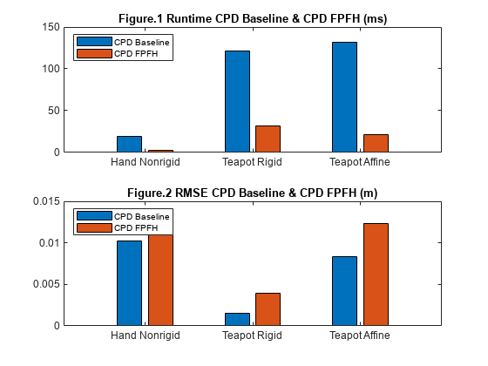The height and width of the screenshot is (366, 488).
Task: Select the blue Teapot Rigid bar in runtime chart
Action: pos(237,101)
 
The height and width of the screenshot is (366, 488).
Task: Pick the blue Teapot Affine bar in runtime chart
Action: pos(344,97)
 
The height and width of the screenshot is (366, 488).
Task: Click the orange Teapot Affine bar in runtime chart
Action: pos(376,143)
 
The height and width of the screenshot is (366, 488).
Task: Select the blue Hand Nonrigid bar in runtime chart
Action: pos(129,144)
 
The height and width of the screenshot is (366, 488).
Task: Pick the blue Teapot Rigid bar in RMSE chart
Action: pos(237,319)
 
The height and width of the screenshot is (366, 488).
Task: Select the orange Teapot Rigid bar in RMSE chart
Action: pos(268,309)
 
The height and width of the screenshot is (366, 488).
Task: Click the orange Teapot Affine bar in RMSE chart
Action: pos(376,274)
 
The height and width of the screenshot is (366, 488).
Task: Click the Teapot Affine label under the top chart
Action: pos(360,162)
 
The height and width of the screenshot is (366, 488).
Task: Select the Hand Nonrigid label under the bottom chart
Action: pos(145,336)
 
